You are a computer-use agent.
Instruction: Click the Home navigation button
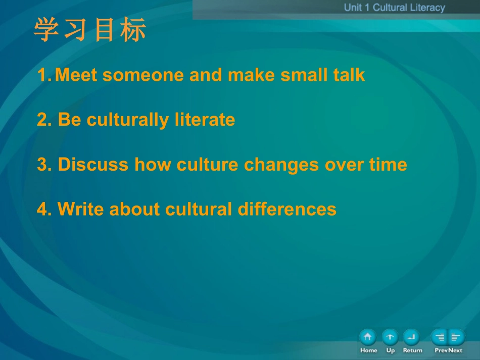click(x=368, y=337)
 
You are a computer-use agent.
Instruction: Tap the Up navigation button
click(x=390, y=337)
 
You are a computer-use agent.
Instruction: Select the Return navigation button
click(x=412, y=337)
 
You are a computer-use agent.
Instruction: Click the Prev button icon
click(x=440, y=337)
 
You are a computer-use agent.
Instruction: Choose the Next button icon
click(x=456, y=337)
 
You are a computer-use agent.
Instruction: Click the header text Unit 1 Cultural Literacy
click(x=394, y=8)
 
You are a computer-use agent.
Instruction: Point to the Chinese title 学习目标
click(x=90, y=30)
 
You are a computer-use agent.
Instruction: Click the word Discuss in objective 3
click(x=93, y=165)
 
